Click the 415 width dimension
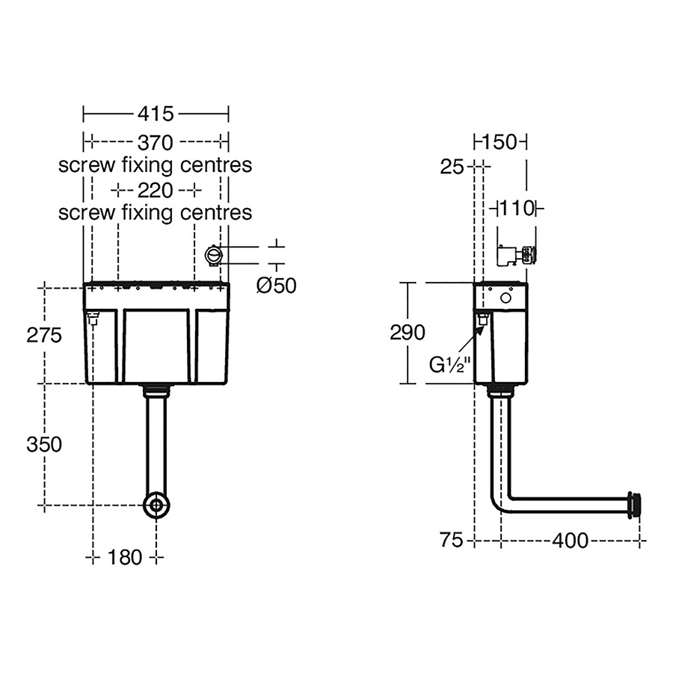[155, 114]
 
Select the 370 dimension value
[155, 141]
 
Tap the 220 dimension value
[155, 189]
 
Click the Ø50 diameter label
[276, 286]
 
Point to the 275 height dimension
[43, 336]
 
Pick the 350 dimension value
[43, 444]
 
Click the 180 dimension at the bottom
[124, 557]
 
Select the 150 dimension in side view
[500, 142]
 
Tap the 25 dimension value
[452, 167]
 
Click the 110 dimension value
[516, 209]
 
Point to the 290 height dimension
[408, 332]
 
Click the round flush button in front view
[214, 255]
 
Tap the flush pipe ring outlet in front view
[156, 505]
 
